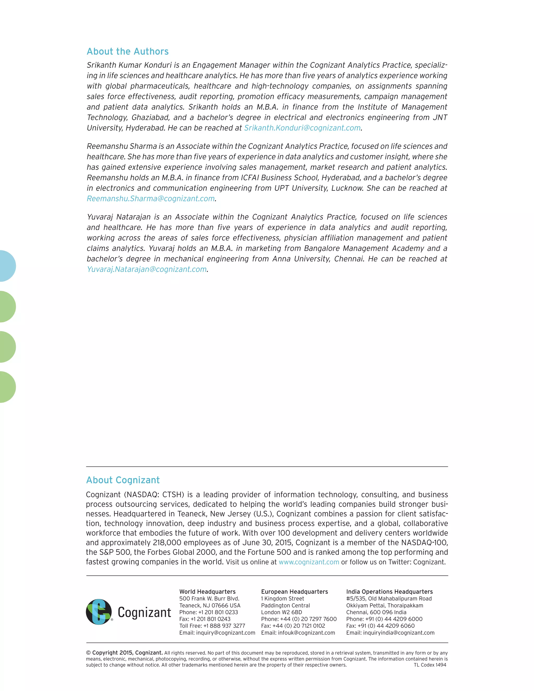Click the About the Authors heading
pyautogui.click(x=128, y=51)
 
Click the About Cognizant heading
pyautogui.click(x=123, y=480)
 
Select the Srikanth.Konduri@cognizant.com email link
pyautogui.click(x=302, y=128)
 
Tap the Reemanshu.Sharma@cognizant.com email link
pyautogui.click(x=151, y=199)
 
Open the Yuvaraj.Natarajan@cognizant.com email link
pyautogui.click(x=147, y=269)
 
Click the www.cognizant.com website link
pyautogui.click(x=309, y=562)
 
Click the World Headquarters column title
pyautogui.click(x=207, y=592)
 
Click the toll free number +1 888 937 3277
pyautogui.click(x=224, y=626)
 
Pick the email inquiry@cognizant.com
pyautogui.click(x=225, y=633)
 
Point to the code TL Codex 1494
pyautogui.click(x=430, y=665)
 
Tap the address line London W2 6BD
pyautogui.click(x=281, y=612)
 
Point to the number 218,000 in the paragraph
pyautogui.click(x=167, y=543)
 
